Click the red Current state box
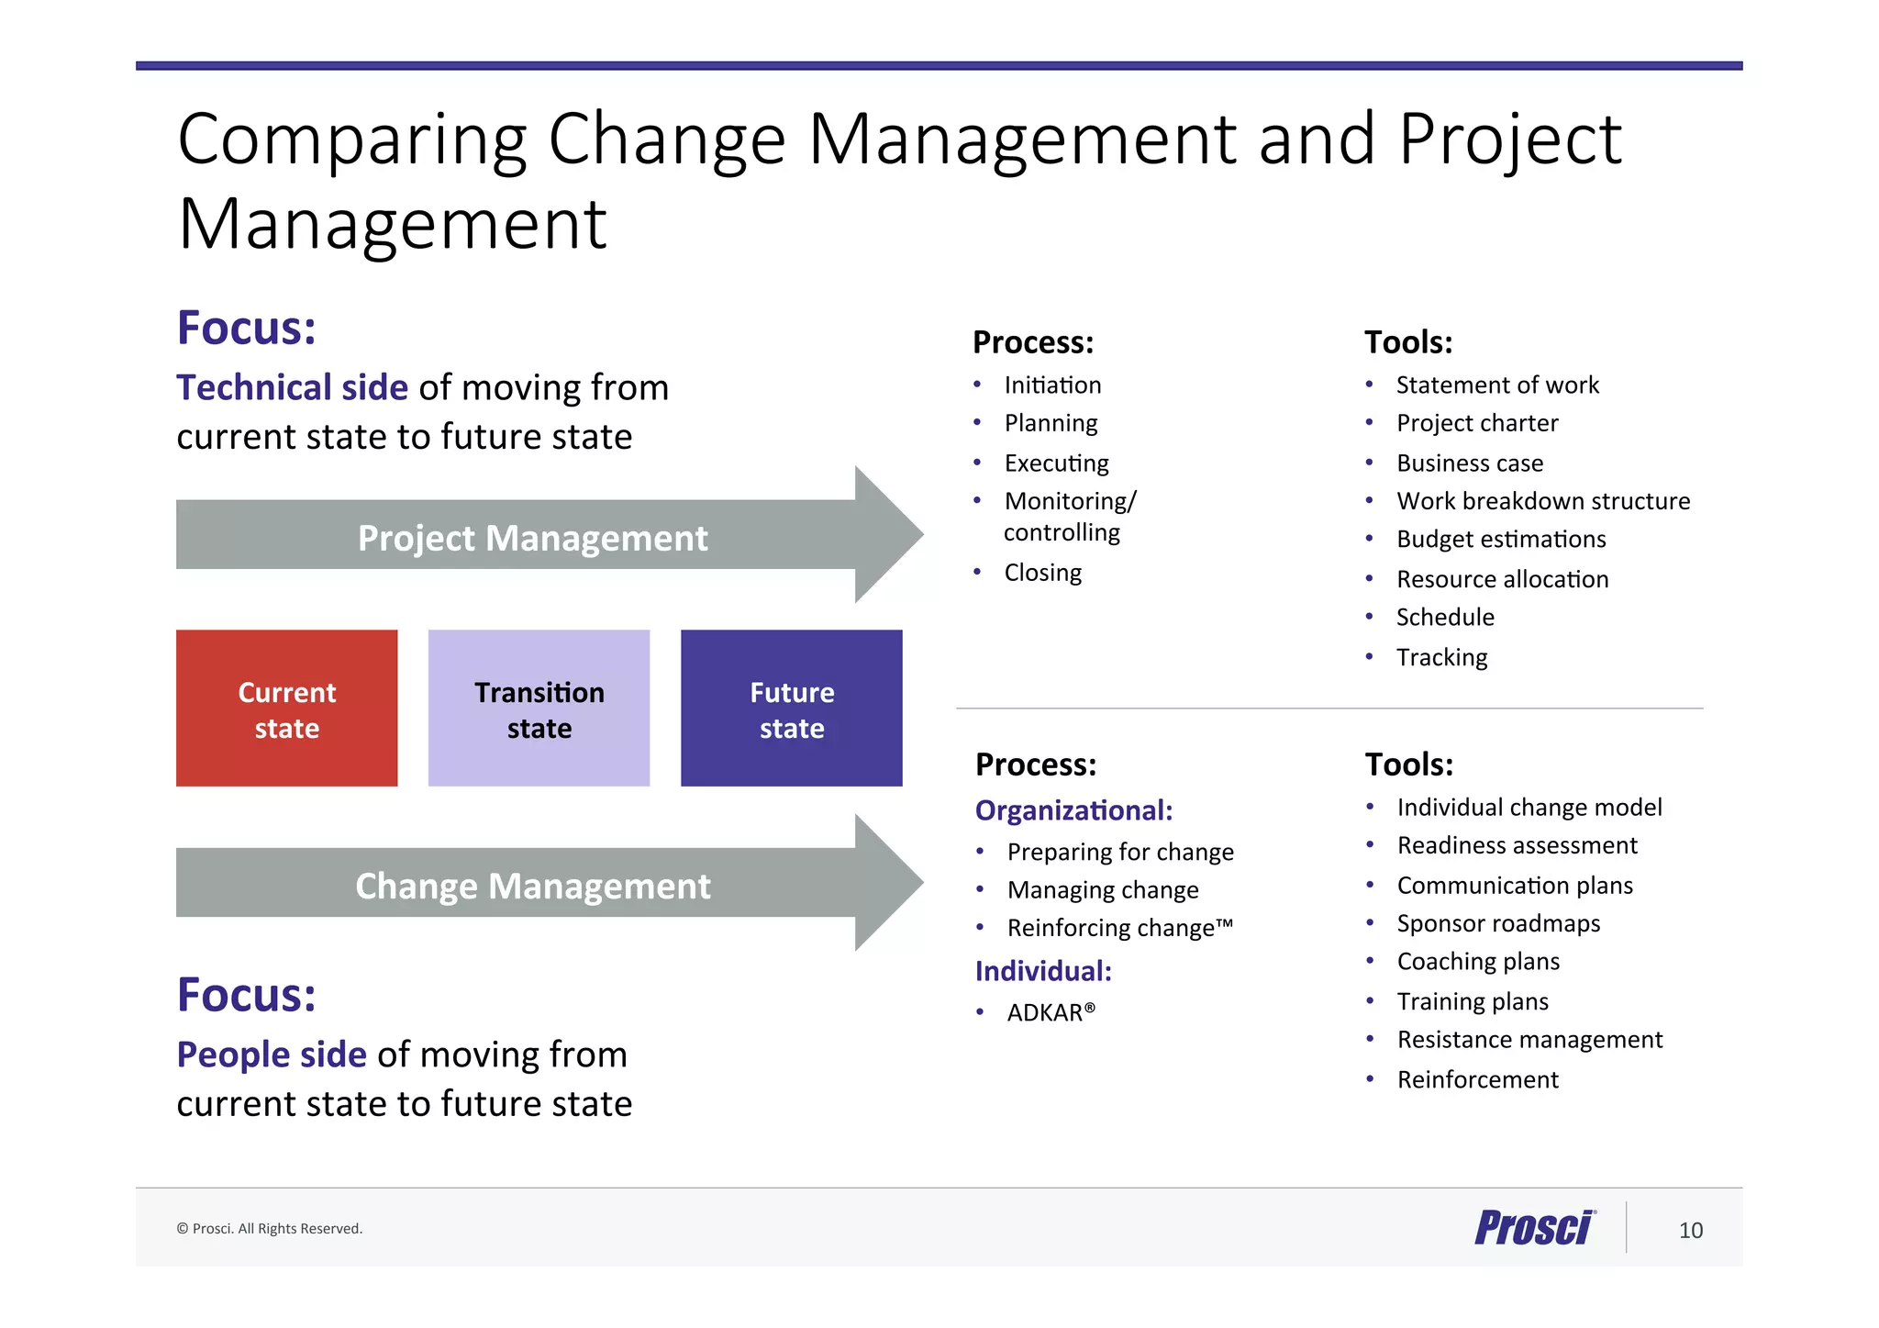click(286, 708)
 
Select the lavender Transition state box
click(539, 708)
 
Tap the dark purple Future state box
click(791, 708)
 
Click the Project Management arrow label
click(532, 538)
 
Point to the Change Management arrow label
click(532, 886)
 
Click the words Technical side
click(292, 387)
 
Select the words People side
click(272, 1055)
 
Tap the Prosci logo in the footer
click(1534, 1228)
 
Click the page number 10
click(1690, 1230)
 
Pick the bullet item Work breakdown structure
click(1542, 501)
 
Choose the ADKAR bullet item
click(1051, 1012)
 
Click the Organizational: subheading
click(1073, 810)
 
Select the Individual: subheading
click(1043, 971)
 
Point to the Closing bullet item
click(1042, 573)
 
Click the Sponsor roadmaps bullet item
click(1497, 923)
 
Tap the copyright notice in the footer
click(270, 1229)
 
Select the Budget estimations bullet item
click(1500, 540)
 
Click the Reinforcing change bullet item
click(1119, 928)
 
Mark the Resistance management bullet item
click(1529, 1040)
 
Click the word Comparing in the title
click(351, 139)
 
